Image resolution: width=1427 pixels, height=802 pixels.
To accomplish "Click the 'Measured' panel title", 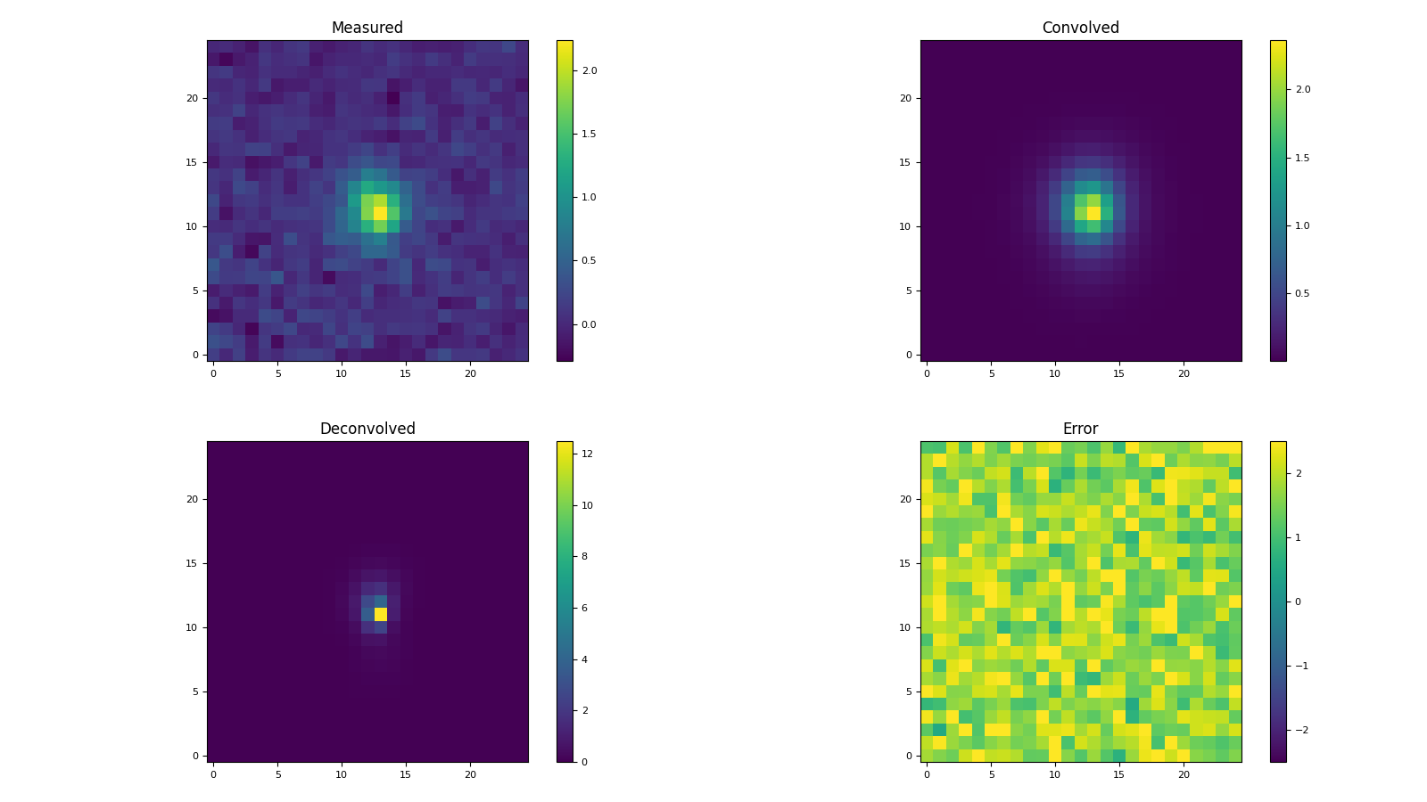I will coord(367,28).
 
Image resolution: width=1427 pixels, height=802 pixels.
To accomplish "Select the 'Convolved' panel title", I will coord(1080,28).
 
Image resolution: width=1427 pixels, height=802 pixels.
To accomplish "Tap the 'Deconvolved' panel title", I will coord(367,429).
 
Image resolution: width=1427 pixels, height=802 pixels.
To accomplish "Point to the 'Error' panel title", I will coord(1080,429).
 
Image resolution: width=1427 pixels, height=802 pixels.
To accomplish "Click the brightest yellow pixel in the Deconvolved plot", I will coord(381,614).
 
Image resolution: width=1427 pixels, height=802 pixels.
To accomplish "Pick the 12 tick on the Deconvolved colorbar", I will coord(588,454).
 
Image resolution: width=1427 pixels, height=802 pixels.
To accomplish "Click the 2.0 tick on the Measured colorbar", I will coord(589,70).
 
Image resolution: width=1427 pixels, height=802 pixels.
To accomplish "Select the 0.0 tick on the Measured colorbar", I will coord(589,324).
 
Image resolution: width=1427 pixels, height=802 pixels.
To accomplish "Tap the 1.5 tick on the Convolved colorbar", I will coord(1302,158).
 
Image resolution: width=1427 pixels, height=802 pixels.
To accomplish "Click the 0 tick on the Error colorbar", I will coord(1298,601).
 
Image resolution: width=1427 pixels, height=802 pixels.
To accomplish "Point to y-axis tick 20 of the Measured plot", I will coord(191,98).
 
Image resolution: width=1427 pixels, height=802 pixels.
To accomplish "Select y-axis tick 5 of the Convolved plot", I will coord(908,291).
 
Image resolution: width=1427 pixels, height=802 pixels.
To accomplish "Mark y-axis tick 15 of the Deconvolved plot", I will coord(191,563).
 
